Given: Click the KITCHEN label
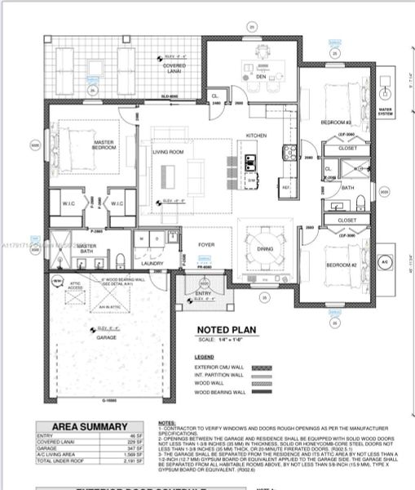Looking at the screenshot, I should [257, 136].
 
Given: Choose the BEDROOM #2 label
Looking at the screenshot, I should [337, 266].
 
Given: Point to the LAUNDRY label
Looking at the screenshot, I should [152, 263].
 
